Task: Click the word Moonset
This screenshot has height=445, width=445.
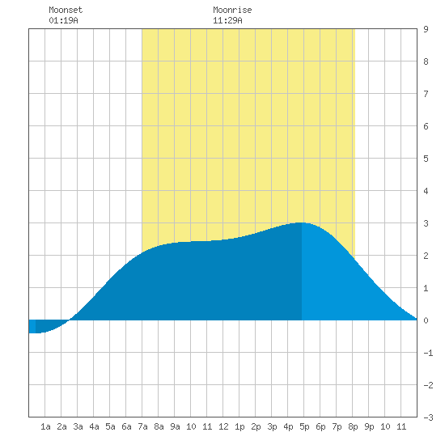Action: [x=66, y=10]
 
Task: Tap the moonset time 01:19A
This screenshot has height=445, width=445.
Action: [x=63, y=20]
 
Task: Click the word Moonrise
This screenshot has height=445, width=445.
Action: [x=232, y=10]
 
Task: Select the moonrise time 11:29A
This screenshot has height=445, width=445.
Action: [x=227, y=20]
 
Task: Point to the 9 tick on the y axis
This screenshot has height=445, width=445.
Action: [x=426, y=29]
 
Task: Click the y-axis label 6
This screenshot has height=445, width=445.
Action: [x=426, y=126]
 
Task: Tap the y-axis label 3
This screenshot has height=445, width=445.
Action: [x=426, y=223]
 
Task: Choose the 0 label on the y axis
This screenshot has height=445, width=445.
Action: [x=426, y=320]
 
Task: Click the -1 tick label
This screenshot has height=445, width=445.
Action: [x=428, y=353]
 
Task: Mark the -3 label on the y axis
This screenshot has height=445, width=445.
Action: [x=428, y=417]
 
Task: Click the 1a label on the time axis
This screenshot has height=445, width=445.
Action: [x=45, y=426]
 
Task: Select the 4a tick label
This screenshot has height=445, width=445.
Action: [x=94, y=426]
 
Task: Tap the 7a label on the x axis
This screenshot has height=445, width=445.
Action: [x=142, y=426]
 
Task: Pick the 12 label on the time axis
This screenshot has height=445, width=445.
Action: [x=223, y=426]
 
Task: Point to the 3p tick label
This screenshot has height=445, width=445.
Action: [x=272, y=426]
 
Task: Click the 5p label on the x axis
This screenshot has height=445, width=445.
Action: [x=304, y=426]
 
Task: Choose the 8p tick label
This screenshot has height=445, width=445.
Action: [x=353, y=426]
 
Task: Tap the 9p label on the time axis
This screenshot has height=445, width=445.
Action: [x=369, y=426]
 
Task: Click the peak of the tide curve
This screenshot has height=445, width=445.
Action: [x=301, y=222]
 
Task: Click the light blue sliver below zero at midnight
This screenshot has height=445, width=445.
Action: [x=32, y=326]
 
